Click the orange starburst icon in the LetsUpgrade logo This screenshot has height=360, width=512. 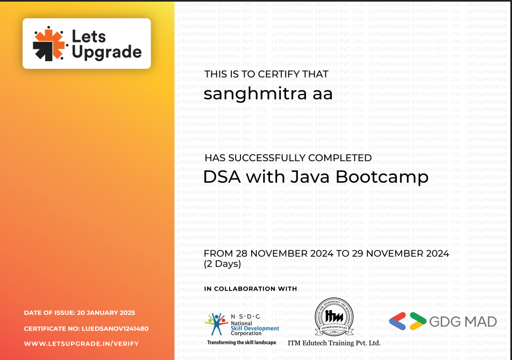pos(49,44)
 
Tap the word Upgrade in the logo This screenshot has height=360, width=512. pos(107,53)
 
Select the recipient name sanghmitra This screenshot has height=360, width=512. pos(255,93)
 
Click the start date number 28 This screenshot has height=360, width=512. pos(241,254)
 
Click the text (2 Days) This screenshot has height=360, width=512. pos(222,263)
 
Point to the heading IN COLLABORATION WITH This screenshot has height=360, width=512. pos(251,289)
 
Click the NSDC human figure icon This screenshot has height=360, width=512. pos(216,324)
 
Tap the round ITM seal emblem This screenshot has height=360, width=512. pos(333,316)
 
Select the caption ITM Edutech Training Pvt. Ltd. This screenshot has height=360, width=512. pos(334,343)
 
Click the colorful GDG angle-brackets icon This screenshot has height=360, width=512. pos(408,321)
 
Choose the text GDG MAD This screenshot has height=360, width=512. pos(463,321)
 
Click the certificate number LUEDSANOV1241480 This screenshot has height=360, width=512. pos(115,329)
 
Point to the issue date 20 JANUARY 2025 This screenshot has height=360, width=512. pos(106,313)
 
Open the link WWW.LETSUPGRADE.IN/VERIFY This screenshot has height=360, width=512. pos(81,344)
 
